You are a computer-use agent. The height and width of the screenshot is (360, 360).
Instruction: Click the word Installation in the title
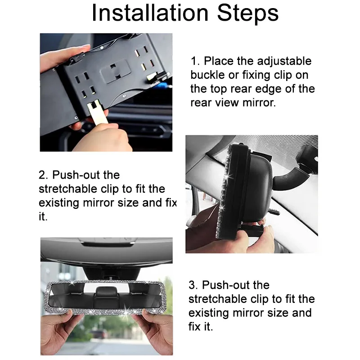click(x=150, y=13)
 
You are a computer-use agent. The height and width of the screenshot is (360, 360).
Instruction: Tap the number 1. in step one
click(x=196, y=61)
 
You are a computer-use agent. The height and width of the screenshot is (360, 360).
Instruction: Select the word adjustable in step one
click(x=284, y=62)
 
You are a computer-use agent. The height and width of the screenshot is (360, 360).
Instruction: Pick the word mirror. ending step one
click(x=259, y=103)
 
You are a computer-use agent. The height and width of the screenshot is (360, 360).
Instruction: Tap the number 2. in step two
click(x=43, y=175)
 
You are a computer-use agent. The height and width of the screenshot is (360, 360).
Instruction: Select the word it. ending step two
click(x=43, y=216)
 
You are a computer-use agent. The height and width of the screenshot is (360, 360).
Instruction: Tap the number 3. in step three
click(x=193, y=285)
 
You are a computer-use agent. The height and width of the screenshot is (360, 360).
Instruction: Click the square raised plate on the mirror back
click(x=114, y=71)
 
